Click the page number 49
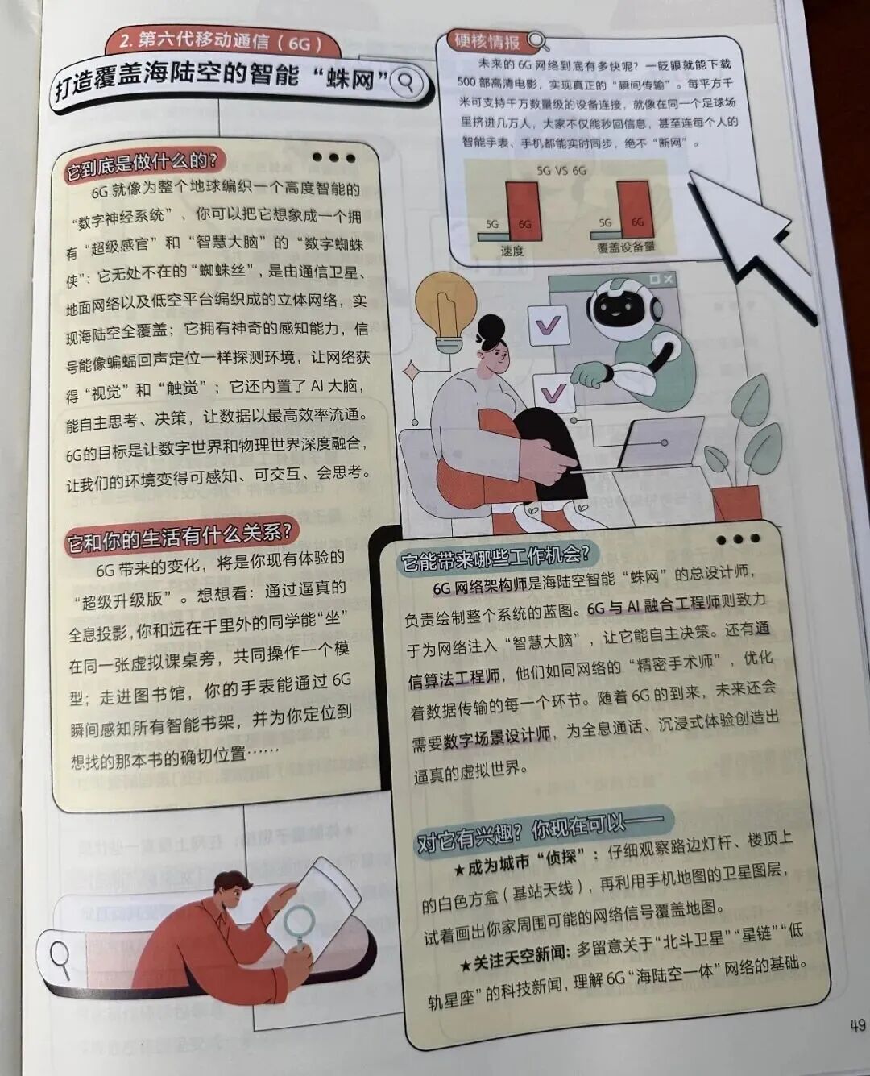(856, 1025)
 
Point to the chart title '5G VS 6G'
(561, 170)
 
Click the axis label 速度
(512, 251)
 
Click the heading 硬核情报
(487, 40)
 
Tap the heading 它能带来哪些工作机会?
(495, 555)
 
